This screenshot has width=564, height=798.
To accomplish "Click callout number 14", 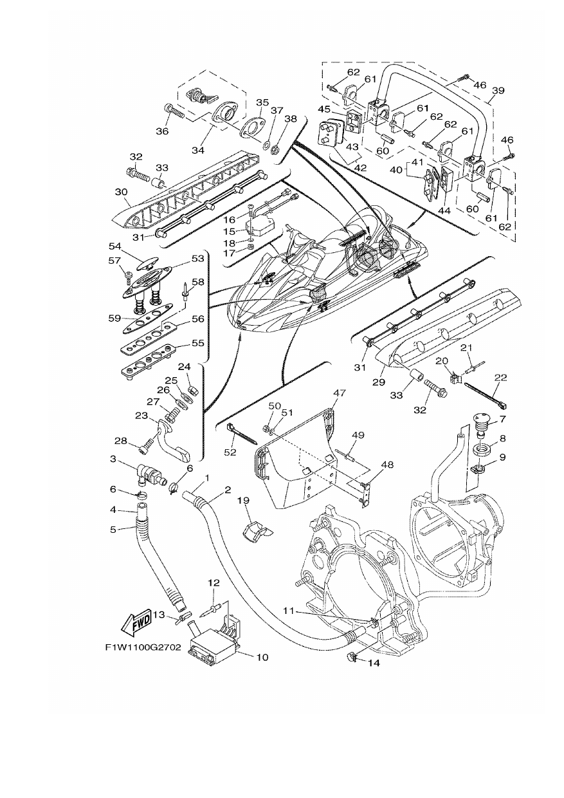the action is tap(374, 663).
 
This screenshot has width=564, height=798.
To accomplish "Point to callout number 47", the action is tap(339, 393).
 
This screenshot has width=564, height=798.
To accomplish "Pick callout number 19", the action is tap(244, 500).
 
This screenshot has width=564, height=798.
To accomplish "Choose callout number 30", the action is tap(121, 192).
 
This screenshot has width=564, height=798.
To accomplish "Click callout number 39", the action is tap(498, 91).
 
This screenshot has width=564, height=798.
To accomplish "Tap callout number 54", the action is tap(115, 246).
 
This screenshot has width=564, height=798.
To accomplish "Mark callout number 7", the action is tap(502, 419).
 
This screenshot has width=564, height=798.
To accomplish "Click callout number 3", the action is tap(113, 459).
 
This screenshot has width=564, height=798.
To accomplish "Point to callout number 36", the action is tap(162, 131).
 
